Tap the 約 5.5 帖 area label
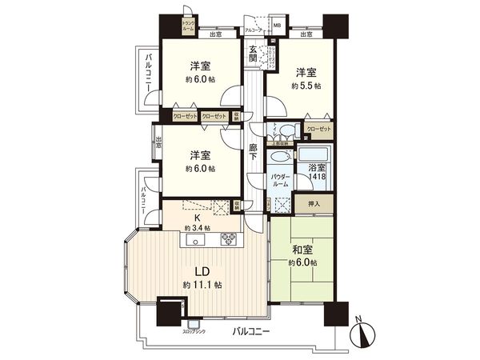[x=305, y=85]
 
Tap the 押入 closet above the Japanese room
[x=305, y=205]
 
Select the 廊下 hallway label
[x=253, y=152]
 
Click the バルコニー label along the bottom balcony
[x=251, y=330]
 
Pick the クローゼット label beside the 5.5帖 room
[x=318, y=129]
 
